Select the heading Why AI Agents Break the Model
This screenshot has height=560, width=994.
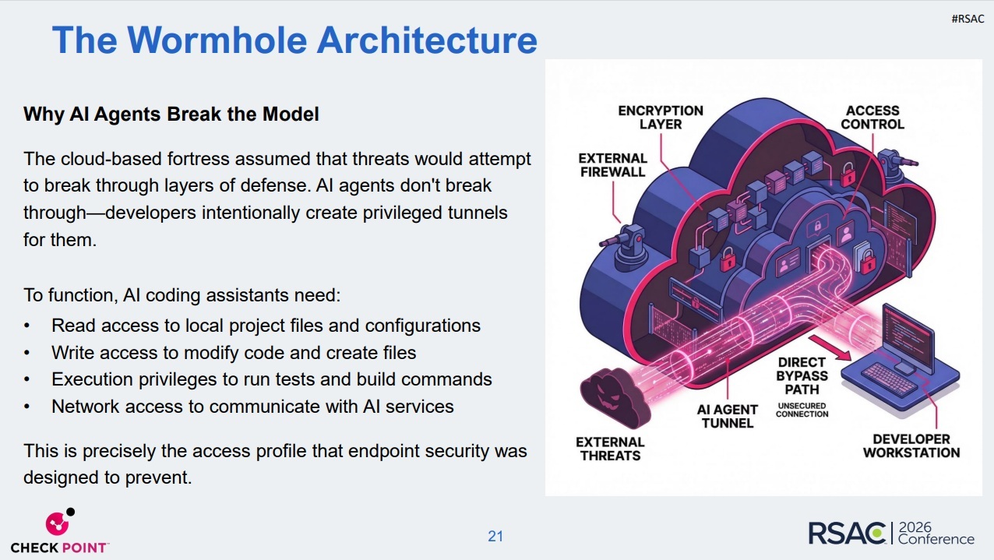point(171,114)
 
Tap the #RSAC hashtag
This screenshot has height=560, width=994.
point(968,19)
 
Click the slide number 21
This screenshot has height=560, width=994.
point(495,536)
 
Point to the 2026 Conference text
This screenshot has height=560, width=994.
point(936,534)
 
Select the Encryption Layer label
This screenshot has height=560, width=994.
point(661,118)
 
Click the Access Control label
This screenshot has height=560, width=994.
point(872,118)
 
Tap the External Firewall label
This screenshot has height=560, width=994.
point(613,165)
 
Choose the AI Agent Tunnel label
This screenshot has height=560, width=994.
point(728,416)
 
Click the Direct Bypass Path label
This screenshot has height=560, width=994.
point(802,376)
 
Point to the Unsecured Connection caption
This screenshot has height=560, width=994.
point(802,409)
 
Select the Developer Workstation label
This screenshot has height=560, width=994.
point(911,446)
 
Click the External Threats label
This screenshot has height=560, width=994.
point(610,448)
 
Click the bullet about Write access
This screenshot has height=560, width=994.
point(234,353)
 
